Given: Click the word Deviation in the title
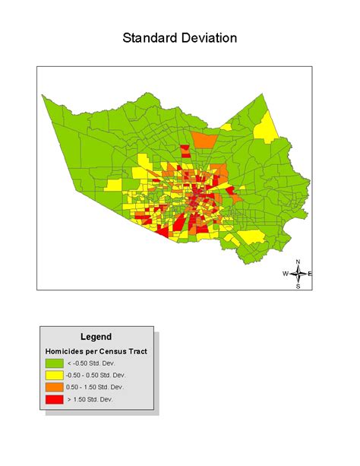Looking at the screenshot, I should coord(209,38).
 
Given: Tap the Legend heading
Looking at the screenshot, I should coord(96,337).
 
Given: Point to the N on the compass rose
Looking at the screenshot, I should coord(298,262).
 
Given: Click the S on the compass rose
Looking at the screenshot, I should coord(298,287).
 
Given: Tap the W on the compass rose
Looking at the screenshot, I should coord(286,274).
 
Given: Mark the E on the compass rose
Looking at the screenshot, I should coord(311,274).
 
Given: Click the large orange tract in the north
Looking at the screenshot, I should coord(205,141).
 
